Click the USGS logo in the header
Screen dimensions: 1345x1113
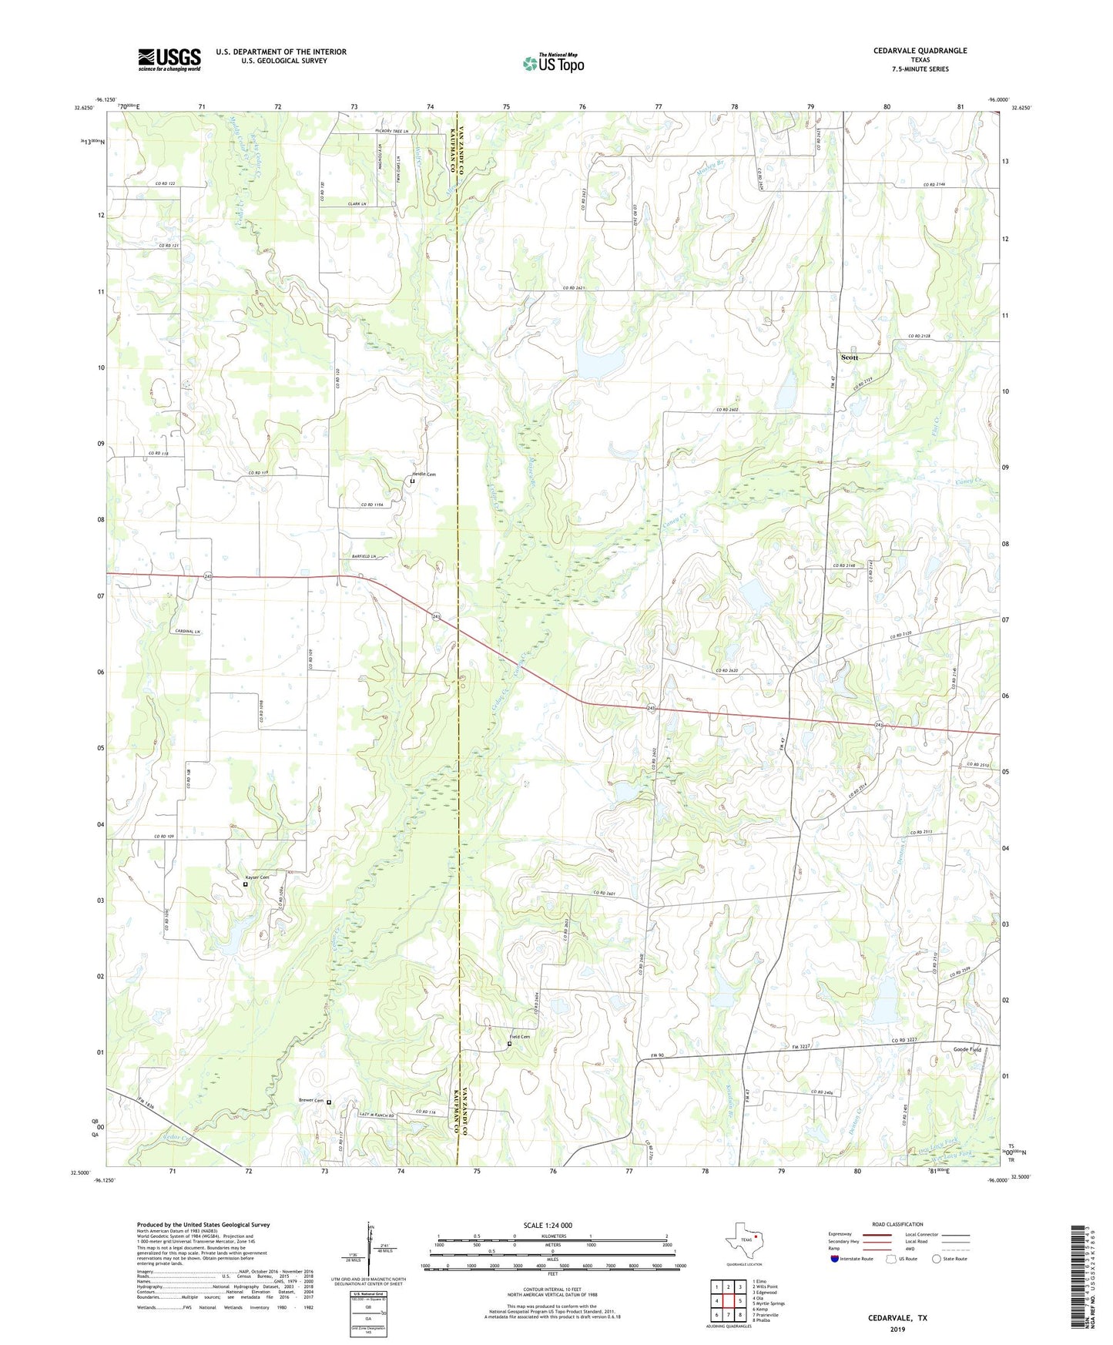point(169,59)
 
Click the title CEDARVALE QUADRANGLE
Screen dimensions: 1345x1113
point(920,51)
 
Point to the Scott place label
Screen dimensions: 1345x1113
point(849,357)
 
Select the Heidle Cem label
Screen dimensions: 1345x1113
point(424,475)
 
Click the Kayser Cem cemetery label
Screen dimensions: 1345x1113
point(256,877)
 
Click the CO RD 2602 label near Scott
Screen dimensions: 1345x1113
point(728,410)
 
